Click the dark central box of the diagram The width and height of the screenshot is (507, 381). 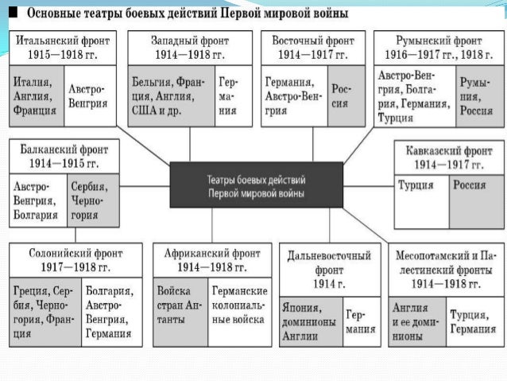[256, 185]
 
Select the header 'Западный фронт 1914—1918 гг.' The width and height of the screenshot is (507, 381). [189, 47]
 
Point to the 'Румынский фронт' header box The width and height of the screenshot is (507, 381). [438, 47]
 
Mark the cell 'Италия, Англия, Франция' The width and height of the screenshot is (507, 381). [35, 95]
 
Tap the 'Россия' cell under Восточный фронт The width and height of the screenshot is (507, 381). [340, 95]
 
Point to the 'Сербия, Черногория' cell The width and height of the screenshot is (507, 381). [94, 200]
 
